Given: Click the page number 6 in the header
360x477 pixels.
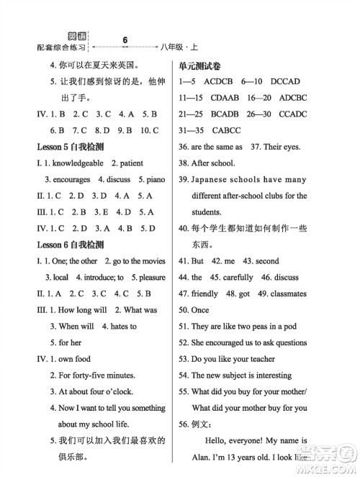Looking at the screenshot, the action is [125, 40].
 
